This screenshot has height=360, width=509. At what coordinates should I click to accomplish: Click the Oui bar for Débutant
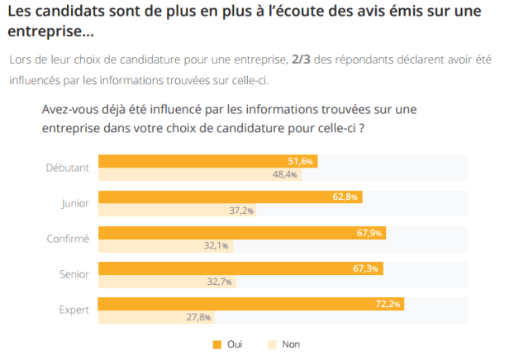click(207, 161)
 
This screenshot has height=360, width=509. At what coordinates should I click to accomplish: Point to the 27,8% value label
click(198, 317)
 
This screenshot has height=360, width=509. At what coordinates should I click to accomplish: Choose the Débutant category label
click(67, 168)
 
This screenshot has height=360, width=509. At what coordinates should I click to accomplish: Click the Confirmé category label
click(67, 239)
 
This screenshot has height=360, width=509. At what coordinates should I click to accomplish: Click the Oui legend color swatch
click(216, 344)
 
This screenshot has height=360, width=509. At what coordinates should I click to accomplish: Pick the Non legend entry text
click(291, 344)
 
